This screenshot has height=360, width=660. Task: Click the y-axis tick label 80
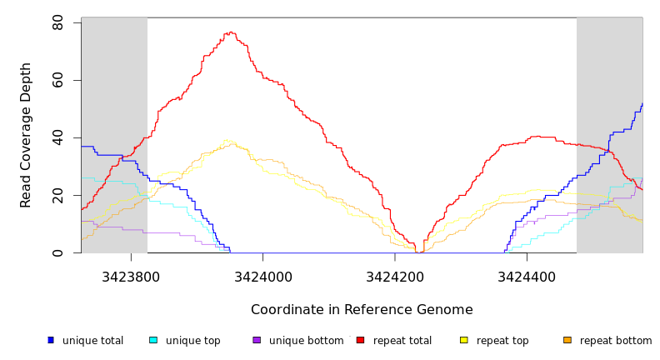pos(58,23)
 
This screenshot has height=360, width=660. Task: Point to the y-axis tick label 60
pos(58,81)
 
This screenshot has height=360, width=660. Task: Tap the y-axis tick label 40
pos(58,138)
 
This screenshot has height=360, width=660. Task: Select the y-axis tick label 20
pos(58,196)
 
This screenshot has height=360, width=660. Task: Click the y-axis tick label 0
pos(58,253)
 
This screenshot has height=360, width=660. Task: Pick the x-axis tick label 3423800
pos(131,276)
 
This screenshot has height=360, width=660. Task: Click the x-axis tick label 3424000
pos(262,276)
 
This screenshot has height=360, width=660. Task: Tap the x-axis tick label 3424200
pos(394,276)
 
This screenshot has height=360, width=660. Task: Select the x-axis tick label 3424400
pos(526,276)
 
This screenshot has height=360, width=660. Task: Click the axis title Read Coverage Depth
pos(27,135)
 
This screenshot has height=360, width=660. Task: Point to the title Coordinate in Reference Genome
pos(362,310)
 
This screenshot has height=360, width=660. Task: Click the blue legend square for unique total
pos(51,340)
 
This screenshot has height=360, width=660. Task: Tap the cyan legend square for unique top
pos(153,340)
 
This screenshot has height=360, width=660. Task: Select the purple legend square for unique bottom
pos(257,340)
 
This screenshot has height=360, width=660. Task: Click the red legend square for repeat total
pos(360,340)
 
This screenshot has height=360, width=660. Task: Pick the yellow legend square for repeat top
pos(464,340)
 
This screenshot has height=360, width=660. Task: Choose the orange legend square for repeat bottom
pos(567,340)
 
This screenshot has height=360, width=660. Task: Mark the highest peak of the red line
pos(229,32)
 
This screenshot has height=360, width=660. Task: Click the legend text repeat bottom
pos(616,341)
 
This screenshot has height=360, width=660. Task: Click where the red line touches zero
pos(418,252)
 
